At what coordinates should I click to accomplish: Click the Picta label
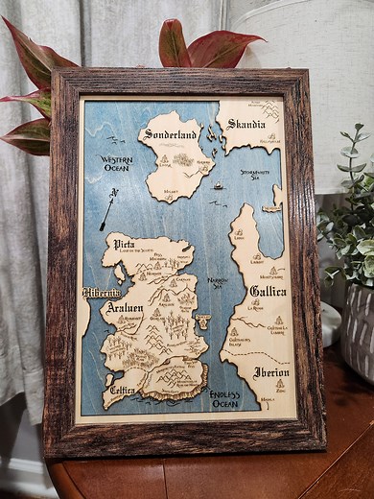coord(126,245)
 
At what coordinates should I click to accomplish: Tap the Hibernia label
coord(102,292)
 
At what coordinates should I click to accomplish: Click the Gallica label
coord(268,291)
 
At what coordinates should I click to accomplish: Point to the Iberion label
coord(271,372)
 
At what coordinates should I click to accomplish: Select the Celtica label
coord(122,391)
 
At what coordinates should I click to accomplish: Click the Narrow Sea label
coord(217,282)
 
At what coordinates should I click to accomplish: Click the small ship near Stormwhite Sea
coord(218,185)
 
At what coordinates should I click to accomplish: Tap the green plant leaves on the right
coord(350,230)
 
